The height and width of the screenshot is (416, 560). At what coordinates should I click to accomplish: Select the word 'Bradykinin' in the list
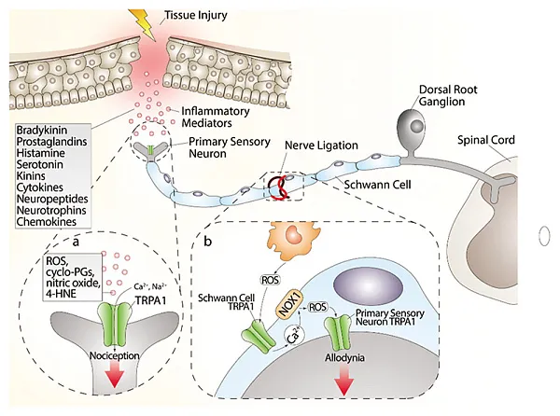tap(44, 128)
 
